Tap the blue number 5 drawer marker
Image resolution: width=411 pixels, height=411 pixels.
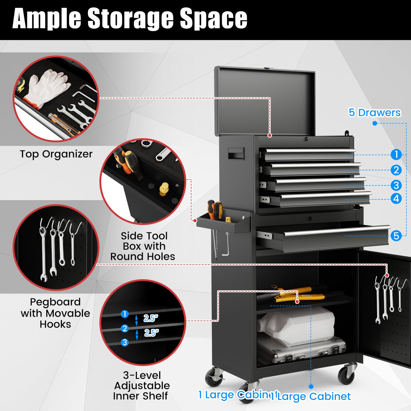pos(396,236)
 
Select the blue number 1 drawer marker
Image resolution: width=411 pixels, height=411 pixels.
pos(396,154)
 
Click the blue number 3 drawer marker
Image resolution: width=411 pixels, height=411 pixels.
pos(396,185)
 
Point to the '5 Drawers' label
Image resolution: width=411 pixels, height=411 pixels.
pos(374,113)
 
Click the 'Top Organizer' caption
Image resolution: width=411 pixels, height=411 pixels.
pos(56,154)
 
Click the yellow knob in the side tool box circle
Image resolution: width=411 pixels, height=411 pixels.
pos(164,189)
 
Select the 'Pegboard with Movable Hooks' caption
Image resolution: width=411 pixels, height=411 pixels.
pos(55,313)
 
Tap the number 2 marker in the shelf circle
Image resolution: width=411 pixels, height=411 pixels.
pos(125,328)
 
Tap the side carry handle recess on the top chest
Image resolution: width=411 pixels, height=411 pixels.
pos(236,154)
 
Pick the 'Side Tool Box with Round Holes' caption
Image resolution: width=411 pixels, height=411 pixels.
pos(143,246)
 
